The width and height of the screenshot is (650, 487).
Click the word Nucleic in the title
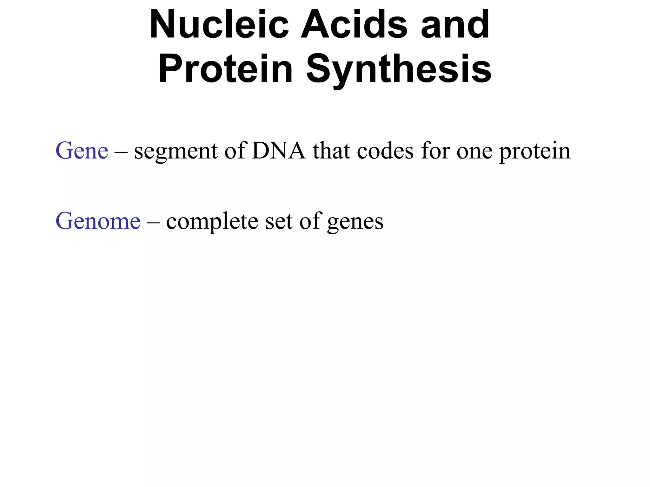click(219, 24)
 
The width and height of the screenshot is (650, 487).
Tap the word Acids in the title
click(354, 24)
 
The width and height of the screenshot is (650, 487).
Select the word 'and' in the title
click(455, 24)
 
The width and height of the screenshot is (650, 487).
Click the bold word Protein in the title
click(225, 69)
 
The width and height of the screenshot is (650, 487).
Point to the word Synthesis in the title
click(399, 69)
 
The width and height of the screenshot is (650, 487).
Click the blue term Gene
click(82, 151)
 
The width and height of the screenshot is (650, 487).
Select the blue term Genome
click(98, 221)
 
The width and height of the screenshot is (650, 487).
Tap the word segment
click(176, 151)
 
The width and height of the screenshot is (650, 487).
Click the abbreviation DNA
click(279, 151)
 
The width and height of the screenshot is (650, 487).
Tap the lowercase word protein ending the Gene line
click(535, 151)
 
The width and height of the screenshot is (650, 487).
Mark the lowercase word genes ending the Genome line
click(355, 222)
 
